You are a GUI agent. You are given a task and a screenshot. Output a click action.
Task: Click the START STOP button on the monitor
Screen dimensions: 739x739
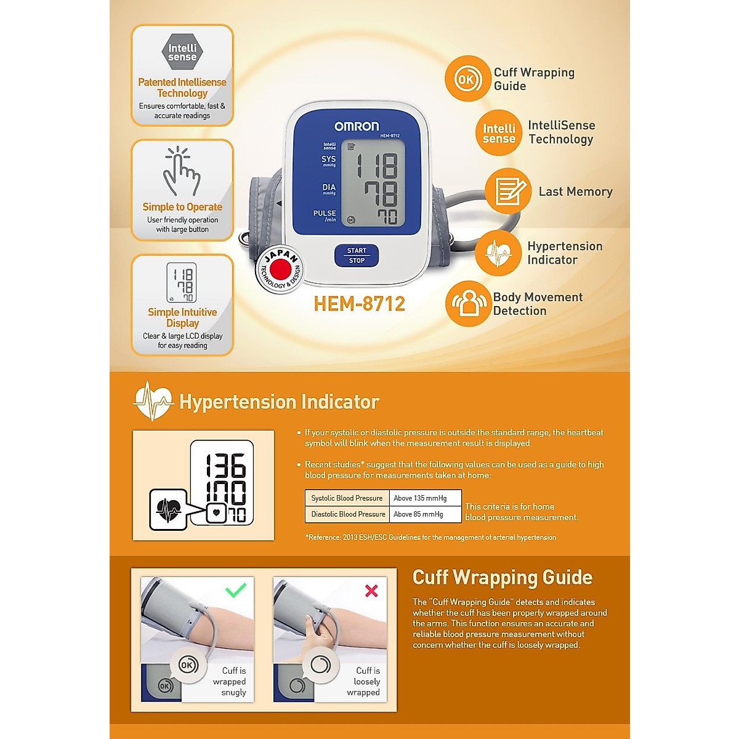[x=357, y=256]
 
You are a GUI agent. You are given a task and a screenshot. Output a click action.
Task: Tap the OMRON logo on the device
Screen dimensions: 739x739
[x=357, y=126]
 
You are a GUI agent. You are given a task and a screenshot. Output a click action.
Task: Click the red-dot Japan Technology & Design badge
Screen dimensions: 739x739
[x=280, y=270]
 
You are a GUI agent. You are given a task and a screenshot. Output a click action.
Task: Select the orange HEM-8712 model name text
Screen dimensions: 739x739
[x=360, y=304]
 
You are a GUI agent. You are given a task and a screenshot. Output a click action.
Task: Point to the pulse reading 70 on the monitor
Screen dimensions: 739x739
[x=387, y=217]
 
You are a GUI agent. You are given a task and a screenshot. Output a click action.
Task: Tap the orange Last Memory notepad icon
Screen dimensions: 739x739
[x=508, y=191]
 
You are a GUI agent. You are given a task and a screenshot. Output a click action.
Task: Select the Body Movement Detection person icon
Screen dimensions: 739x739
[x=469, y=304]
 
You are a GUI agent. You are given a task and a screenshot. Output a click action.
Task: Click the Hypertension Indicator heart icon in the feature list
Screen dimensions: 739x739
[x=498, y=253]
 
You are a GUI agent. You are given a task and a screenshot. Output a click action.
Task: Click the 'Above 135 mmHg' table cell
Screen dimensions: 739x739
[x=426, y=498]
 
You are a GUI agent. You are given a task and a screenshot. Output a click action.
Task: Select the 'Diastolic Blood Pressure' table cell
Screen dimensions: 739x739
[x=348, y=514]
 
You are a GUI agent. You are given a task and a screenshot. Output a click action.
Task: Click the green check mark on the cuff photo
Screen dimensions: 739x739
[x=236, y=590]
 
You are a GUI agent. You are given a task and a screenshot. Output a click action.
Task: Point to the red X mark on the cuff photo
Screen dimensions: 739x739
[x=371, y=591]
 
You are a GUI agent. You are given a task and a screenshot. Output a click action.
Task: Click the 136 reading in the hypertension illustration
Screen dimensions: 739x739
[x=225, y=466]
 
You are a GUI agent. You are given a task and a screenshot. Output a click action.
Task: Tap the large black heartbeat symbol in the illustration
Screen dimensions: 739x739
[x=168, y=510]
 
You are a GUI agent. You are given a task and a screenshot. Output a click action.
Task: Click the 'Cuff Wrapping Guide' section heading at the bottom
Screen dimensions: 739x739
[x=502, y=578]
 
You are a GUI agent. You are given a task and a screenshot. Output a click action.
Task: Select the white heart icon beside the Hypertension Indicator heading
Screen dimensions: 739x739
[x=153, y=402]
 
